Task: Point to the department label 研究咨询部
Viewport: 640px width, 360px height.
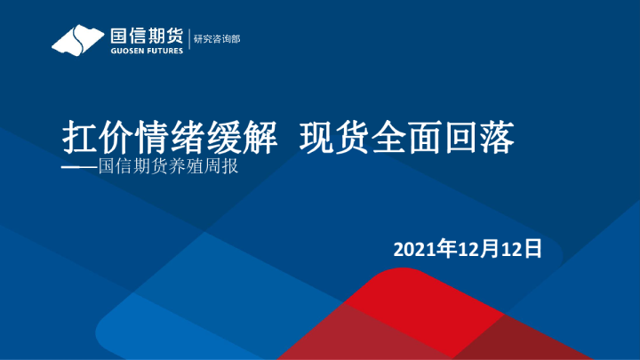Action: tap(217, 39)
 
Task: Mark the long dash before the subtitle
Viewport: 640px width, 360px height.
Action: tap(77, 166)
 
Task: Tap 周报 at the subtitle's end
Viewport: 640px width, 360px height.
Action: tap(225, 166)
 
